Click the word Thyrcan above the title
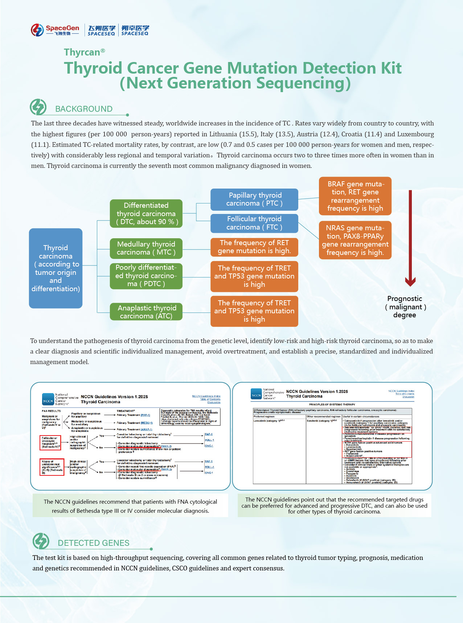point(82,52)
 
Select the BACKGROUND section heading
point(83,109)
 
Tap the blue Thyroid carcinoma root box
point(56,268)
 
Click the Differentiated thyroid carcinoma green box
point(146,214)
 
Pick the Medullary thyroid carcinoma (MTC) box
point(146,248)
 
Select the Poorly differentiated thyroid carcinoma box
point(146,276)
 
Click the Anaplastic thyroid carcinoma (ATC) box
point(146,312)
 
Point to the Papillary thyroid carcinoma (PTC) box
point(254,199)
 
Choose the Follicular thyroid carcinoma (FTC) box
point(254,223)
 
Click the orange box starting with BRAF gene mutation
point(355,196)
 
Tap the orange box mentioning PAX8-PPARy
point(355,240)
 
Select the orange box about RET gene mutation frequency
point(254,247)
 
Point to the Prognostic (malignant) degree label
point(405,307)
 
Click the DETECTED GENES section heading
point(93,543)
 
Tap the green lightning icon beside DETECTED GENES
point(41,541)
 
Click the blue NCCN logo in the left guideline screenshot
point(48,399)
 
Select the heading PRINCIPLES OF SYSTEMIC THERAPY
point(332,404)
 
